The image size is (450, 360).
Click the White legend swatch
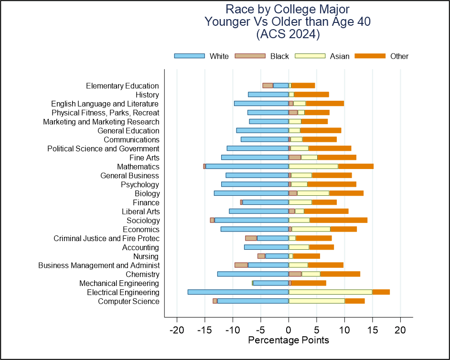point(190,56)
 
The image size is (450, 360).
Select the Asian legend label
point(340,56)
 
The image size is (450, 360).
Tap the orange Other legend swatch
point(370,56)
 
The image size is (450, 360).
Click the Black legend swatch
point(250,56)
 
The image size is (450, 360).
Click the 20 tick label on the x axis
point(400,330)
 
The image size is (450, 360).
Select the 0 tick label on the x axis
point(289,330)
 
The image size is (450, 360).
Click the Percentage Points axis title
point(289,340)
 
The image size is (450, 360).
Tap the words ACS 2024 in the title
point(288,34)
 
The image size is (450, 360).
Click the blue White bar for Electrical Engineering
point(238,292)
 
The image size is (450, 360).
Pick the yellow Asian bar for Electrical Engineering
point(330,292)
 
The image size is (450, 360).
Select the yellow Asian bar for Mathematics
point(313,166)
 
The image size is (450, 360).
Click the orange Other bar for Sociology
point(338,220)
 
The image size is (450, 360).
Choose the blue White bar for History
point(268,95)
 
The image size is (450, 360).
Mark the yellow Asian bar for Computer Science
point(317,301)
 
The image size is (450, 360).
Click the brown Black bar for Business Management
point(241,265)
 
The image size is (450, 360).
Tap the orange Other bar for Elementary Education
point(303,85)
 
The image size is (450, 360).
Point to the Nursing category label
point(146,256)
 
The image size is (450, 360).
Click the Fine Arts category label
point(144,158)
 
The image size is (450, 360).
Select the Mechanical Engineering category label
point(119,284)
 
